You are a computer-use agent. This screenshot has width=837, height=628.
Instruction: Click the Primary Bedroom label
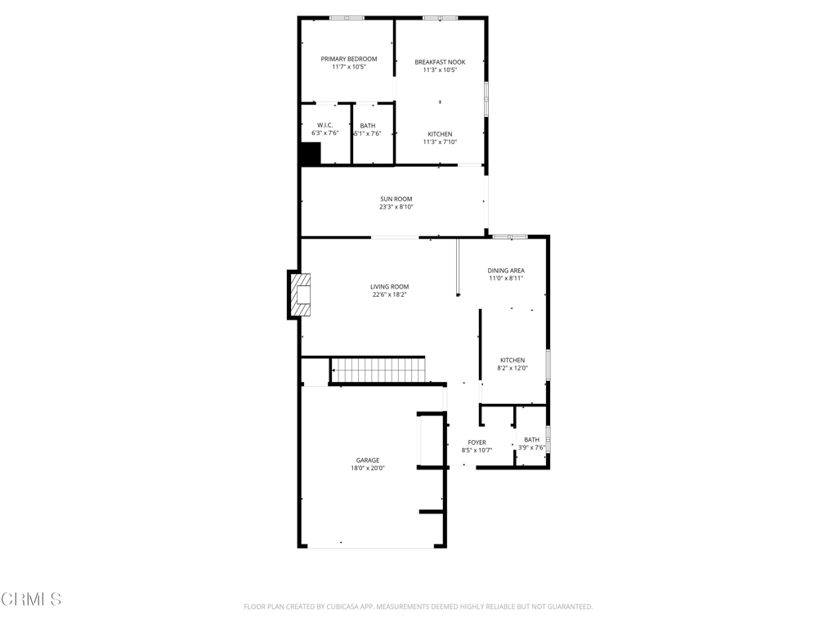tap(348, 59)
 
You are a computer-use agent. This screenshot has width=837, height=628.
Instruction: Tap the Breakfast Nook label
tap(440, 62)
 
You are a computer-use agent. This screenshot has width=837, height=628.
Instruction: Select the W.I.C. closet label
tap(325, 125)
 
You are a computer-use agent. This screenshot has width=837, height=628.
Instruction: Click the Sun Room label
tap(396, 199)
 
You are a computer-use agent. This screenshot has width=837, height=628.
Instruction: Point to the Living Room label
tap(390, 286)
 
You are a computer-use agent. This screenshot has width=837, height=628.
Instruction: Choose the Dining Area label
tap(506, 270)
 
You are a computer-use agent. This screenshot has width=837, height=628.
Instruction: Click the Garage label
tap(368, 460)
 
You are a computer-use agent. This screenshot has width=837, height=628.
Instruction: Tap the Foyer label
tap(477, 442)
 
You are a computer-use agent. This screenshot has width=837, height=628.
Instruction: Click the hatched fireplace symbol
tap(301, 294)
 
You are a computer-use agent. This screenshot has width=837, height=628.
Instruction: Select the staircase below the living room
tap(378, 370)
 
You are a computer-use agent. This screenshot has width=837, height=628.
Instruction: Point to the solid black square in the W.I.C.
tap(310, 154)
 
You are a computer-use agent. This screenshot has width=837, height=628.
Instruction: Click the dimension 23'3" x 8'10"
tap(396, 207)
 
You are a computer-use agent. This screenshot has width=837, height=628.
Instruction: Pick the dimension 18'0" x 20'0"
tap(368, 468)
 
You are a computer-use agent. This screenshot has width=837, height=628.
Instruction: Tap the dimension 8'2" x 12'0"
tap(512, 368)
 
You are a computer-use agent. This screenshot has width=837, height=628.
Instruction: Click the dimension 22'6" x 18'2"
tap(390, 294)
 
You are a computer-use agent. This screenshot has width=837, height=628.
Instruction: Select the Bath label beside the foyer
tap(531, 439)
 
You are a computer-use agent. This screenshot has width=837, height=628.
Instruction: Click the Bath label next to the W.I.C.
tap(368, 125)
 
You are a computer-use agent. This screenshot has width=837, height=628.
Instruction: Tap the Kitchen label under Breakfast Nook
tap(440, 134)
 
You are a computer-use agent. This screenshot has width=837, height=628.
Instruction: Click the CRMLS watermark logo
tap(31, 599)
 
